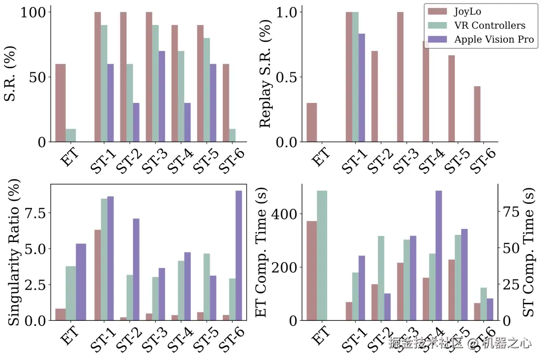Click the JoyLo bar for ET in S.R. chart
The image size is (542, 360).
click(x=60, y=103)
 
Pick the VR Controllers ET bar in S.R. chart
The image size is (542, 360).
click(x=71, y=136)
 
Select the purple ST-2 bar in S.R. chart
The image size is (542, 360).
click(x=136, y=123)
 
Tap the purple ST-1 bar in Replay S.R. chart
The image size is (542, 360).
click(x=362, y=88)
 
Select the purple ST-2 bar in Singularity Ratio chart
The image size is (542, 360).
click(x=136, y=269)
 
